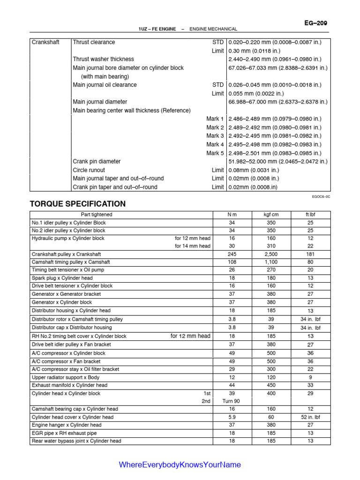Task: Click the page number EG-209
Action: pyautogui.click(x=316, y=22)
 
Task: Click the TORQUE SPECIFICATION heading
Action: pyautogui.click(x=78, y=204)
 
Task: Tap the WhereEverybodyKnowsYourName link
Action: pyautogui.click(x=180, y=465)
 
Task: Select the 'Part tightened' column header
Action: pyautogui.click(x=97, y=215)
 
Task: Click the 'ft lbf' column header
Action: pyautogui.click(x=310, y=215)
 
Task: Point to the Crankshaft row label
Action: pyautogui.click(x=45, y=42)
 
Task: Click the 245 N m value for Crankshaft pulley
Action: pyautogui.click(x=232, y=254)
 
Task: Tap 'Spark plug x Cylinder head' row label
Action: pyautogui.click(x=62, y=278)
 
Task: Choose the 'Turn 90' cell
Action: pyautogui.click(x=231, y=401)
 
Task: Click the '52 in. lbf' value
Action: pyautogui.click(x=310, y=417)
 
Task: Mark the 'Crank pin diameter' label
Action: pyautogui.click(x=97, y=161)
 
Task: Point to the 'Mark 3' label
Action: pyautogui.click(x=215, y=136)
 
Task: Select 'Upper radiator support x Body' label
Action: pyautogui.click(x=66, y=377)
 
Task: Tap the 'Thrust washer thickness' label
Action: pyautogui.click(x=103, y=59)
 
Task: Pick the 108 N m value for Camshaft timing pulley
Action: pyautogui.click(x=232, y=262)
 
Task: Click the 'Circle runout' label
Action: pyautogui.click(x=89, y=170)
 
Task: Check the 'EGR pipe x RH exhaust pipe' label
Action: pyautogui.click(x=64, y=433)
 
